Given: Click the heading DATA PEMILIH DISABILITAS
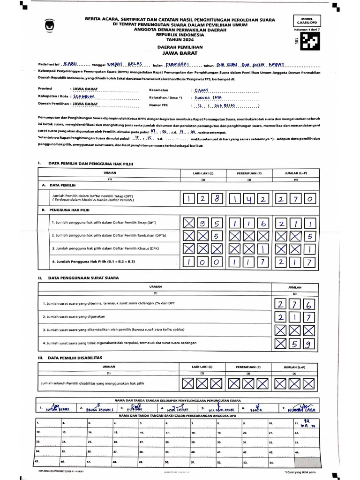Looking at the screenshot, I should tap(72, 358).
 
